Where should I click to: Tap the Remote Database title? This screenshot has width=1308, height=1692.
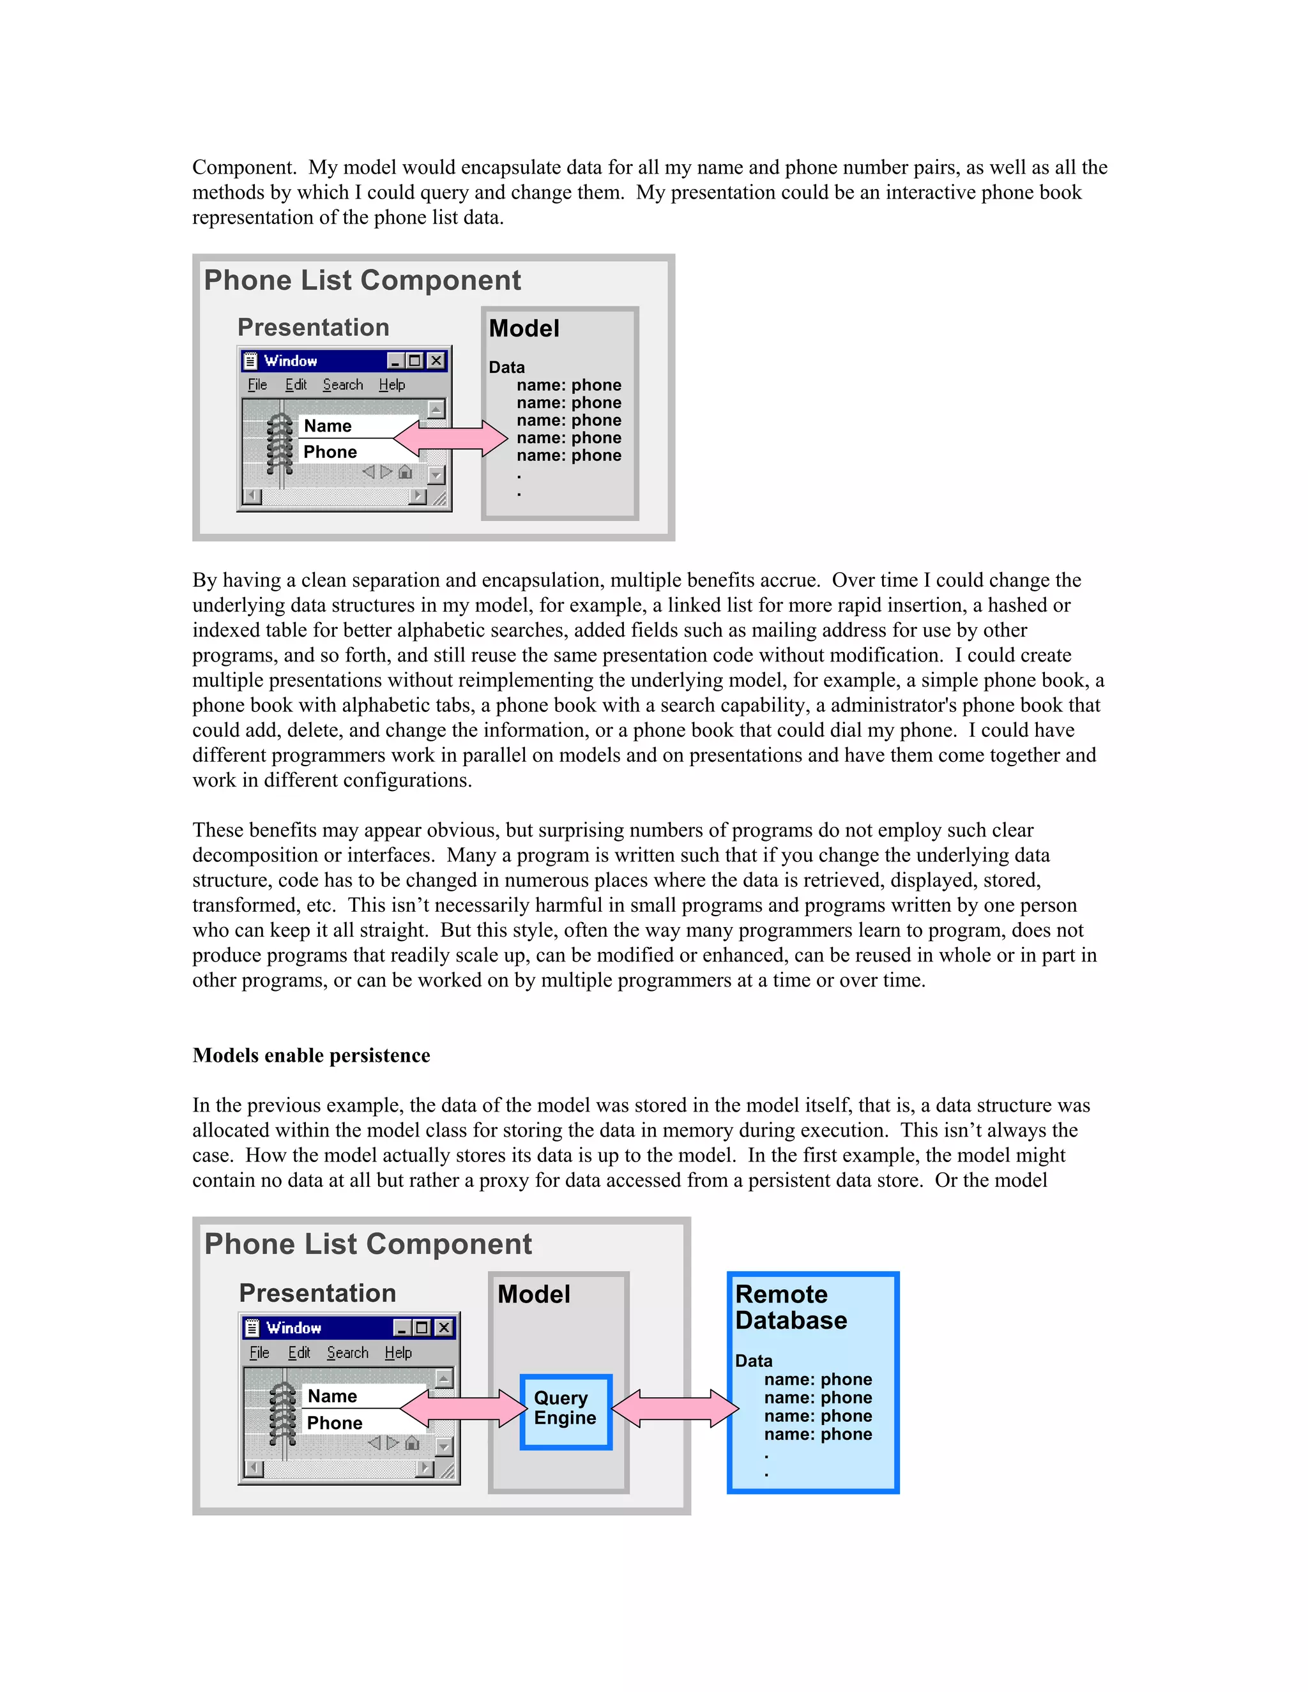[x=791, y=1307]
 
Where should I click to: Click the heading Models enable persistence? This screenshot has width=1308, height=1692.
[x=311, y=1055]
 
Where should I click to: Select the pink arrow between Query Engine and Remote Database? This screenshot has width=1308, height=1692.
[x=675, y=1408]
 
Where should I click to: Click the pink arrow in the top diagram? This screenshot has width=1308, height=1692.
[x=450, y=439]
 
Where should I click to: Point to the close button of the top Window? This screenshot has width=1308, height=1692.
[x=437, y=360]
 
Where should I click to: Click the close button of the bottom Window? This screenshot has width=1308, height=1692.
[x=444, y=1328]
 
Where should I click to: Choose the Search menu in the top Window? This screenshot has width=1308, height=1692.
[x=342, y=385]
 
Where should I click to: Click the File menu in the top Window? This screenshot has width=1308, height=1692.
[x=257, y=385]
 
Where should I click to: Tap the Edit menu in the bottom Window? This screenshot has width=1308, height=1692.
[x=299, y=1353]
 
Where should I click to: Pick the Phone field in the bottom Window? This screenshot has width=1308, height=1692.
[x=353, y=1423]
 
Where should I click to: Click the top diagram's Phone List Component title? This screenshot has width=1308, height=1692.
[x=362, y=280]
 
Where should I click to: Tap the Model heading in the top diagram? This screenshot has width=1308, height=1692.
[x=524, y=328]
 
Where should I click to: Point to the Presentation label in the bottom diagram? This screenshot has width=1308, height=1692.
[x=317, y=1293]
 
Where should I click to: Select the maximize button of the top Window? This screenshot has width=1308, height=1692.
[x=415, y=360]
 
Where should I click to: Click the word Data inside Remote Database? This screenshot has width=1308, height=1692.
[x=753, y=1361]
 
